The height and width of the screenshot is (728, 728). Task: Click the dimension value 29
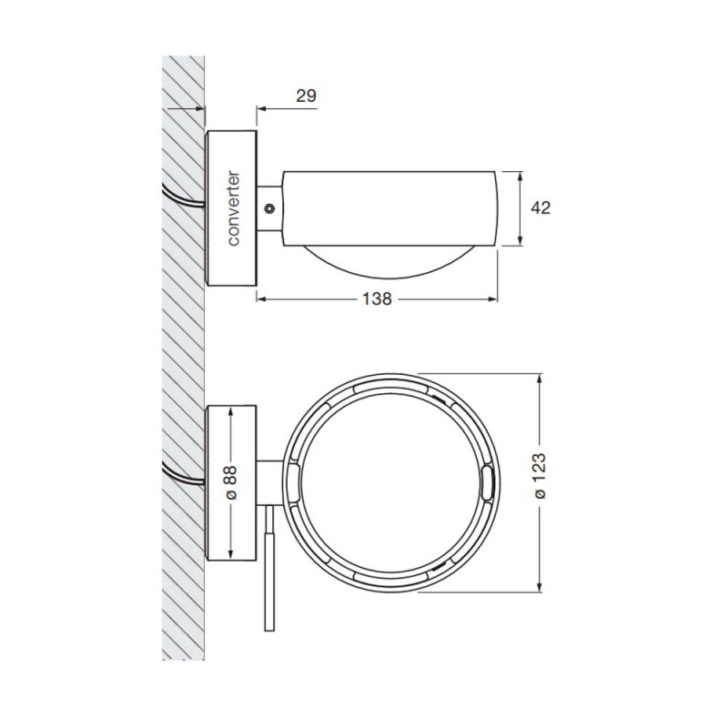[306, 95]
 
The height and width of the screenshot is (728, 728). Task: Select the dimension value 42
[541, 207]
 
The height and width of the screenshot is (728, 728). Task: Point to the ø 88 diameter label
[231, 481]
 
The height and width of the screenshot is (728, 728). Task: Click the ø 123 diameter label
[541, 481]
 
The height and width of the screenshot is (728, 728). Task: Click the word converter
[233, 208]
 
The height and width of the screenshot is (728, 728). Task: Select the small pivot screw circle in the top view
[268, 208]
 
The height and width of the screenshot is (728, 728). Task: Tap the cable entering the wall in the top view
[182, 197]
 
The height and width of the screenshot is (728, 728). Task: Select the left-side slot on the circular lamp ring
[294, 481]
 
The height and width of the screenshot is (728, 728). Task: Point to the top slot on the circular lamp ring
[391, 385]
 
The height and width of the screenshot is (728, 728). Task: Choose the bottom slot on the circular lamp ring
[391, 579]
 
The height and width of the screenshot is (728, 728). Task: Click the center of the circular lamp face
[391, 481]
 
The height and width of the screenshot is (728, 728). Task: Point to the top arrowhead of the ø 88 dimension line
[231, 412]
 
